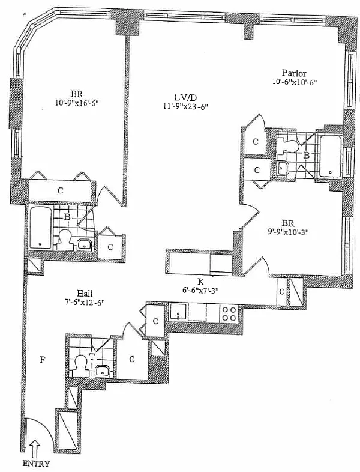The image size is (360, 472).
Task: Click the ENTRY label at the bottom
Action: pyautogui.click(x=35, y=464)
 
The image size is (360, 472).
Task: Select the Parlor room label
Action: pyautogui.click(x=294, y=73)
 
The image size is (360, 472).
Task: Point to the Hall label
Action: pyautogui.click(x=85, y=293)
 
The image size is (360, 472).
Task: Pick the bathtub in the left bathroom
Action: pyautogui.click(x=40, y=228)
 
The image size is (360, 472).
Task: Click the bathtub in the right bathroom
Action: pyautogui.click(x=330, y=157)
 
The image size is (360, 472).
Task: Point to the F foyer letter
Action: pyautogui.click(x=43, y=360)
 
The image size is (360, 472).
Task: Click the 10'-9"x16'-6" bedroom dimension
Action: pyautogui.click(x=77, y=103)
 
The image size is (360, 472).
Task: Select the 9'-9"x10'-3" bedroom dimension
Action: pyautogui.click(x=287, y=232)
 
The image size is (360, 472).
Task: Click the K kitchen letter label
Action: pyautogui.click(x=200, y=282)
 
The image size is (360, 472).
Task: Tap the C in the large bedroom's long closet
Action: pyautogui.click(x=61, y=190)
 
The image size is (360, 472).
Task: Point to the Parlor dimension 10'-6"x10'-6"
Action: pyautogui.click(x=295, y=82)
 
